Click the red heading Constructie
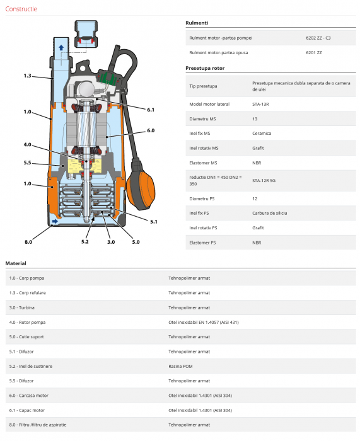click(x=21, y=9)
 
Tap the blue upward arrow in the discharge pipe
click(x=61, y=47)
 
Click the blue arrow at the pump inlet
click(x=55, y=221)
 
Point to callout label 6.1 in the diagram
click(x=151, y=110)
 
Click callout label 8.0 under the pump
click(x=28, y=242)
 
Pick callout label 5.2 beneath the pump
click(x=84, y=242)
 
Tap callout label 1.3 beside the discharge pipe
click(x=27, y=76)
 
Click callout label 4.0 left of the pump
click(x=27, y=144)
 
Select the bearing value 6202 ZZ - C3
click(x=318, y=38)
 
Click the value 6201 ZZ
click(x=313, y=52)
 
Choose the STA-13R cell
click(x=260, y=105)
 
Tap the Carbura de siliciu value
click(x=269, y=213)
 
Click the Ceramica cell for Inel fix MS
click(x=262, y=134)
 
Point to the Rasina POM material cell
click(x=180, y=367)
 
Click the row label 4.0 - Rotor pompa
click(x=27, y=323)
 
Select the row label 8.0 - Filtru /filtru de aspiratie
click(x=38, y=425)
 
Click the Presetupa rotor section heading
click(x=205, y=68)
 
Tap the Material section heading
click(x=16, y=263)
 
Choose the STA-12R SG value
click(x=264, y=181)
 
